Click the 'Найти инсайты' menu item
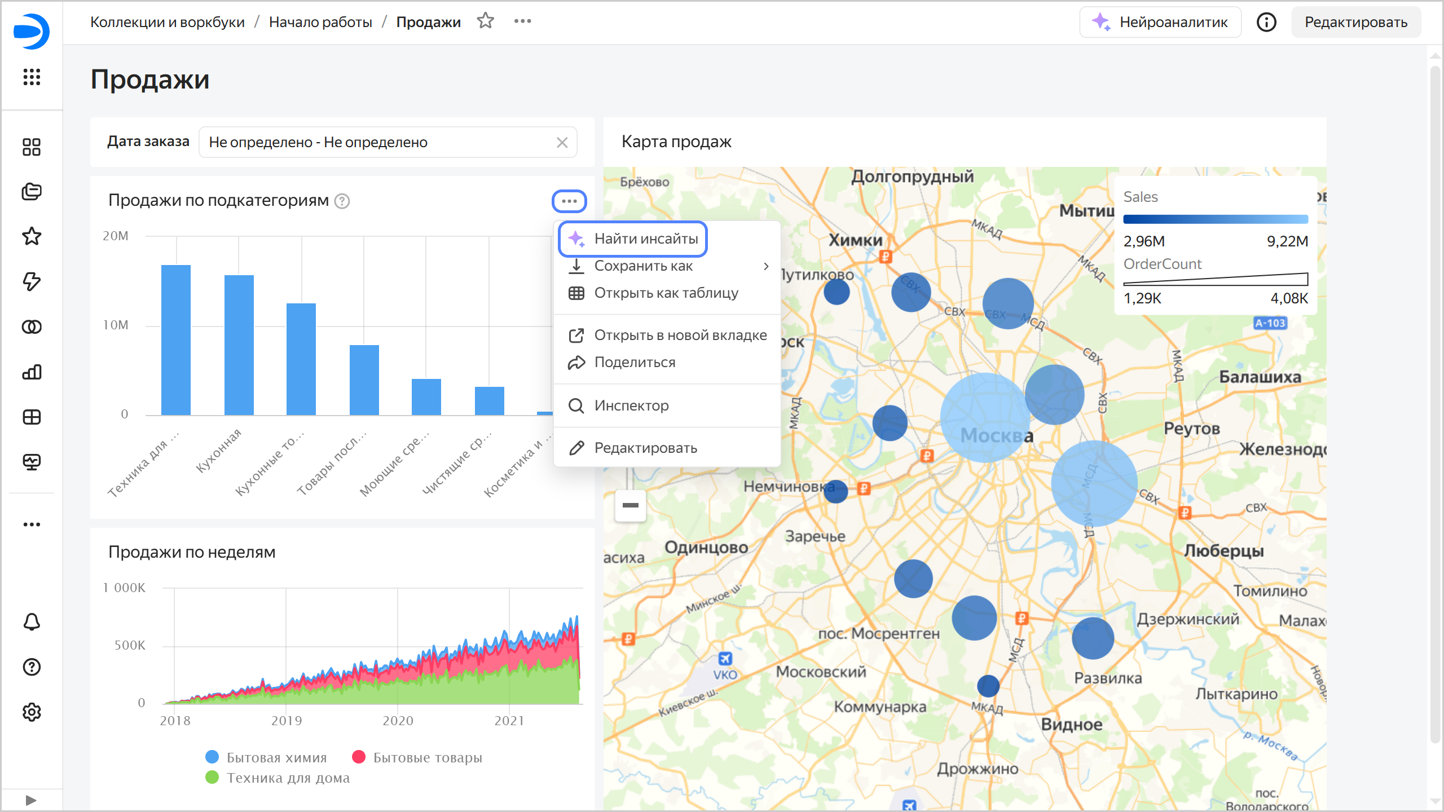pos(645,239)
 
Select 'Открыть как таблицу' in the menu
pos(666,293)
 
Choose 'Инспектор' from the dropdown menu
pos(631,406)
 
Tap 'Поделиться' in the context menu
pos(635,363)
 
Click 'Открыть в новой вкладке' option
pos(680,336)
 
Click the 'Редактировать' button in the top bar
pos(1355,23)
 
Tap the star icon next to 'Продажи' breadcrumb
pos(485,21)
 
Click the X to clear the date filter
pos(562,143)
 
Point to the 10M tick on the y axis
pos(116,325)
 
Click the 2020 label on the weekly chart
pos(398,721)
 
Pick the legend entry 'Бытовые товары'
pos(427,757)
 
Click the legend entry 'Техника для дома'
pos(288,778)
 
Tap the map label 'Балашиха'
pos(1260,377)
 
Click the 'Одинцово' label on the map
pos(706,548)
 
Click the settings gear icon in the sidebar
pos(32,712)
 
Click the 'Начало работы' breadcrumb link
pos(320,23)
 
